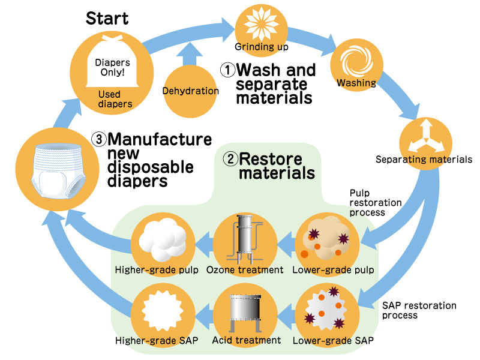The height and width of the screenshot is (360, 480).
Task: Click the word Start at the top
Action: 107,17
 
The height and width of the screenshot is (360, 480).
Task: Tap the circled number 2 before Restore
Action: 230,160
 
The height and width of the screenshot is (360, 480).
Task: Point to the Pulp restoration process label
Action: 375,203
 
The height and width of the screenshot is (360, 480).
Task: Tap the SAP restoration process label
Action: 419,310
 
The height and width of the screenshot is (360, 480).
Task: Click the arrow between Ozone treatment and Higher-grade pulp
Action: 200,244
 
